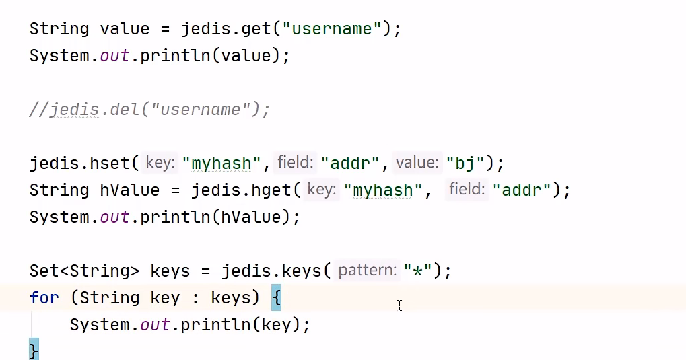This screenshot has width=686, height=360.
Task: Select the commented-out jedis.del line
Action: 149,110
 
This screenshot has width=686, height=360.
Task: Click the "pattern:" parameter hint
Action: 368,271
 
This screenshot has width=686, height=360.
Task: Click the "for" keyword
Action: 44,297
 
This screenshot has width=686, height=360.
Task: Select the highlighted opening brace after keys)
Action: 276,297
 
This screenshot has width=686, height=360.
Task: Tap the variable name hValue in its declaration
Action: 130,190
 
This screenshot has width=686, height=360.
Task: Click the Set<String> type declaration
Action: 84,271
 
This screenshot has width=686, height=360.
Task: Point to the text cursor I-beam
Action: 399,305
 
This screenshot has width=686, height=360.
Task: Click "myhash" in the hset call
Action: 226,163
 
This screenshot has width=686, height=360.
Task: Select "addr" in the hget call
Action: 522,190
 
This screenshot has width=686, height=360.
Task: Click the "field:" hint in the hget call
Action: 467,190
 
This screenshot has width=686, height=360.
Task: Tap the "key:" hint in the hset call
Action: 160,163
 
